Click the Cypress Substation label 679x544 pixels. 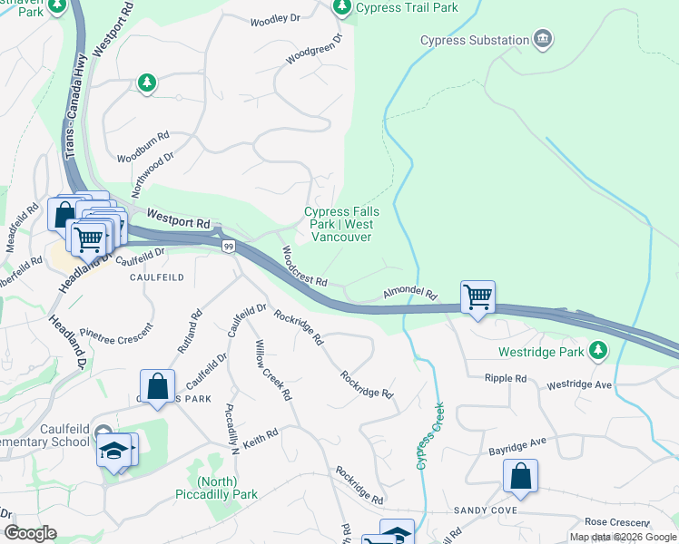(x=474, y=40)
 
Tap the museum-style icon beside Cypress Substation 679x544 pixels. (x=543, y=39)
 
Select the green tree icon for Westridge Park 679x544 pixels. (x=597, y=350)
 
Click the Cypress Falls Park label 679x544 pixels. (x=340, y=224)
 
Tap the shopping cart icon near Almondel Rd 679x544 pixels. (x=477, y=296)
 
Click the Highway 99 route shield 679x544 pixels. (x=228, y=246)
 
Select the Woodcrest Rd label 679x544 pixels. (x=303, y=267)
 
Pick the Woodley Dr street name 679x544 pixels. (x=275, y=19)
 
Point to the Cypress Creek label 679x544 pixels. (x=430, y=435)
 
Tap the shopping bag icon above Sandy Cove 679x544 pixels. (x=520, y=476)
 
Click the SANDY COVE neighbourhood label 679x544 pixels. (x=487, y=511)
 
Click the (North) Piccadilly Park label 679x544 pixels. (x=216, y=488)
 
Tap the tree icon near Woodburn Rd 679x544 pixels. (x=146, y=83)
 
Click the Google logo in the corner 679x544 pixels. (x=30, y=533)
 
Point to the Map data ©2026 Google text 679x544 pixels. (x=622, y=537)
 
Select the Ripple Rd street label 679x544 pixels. (x=506, y=377)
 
